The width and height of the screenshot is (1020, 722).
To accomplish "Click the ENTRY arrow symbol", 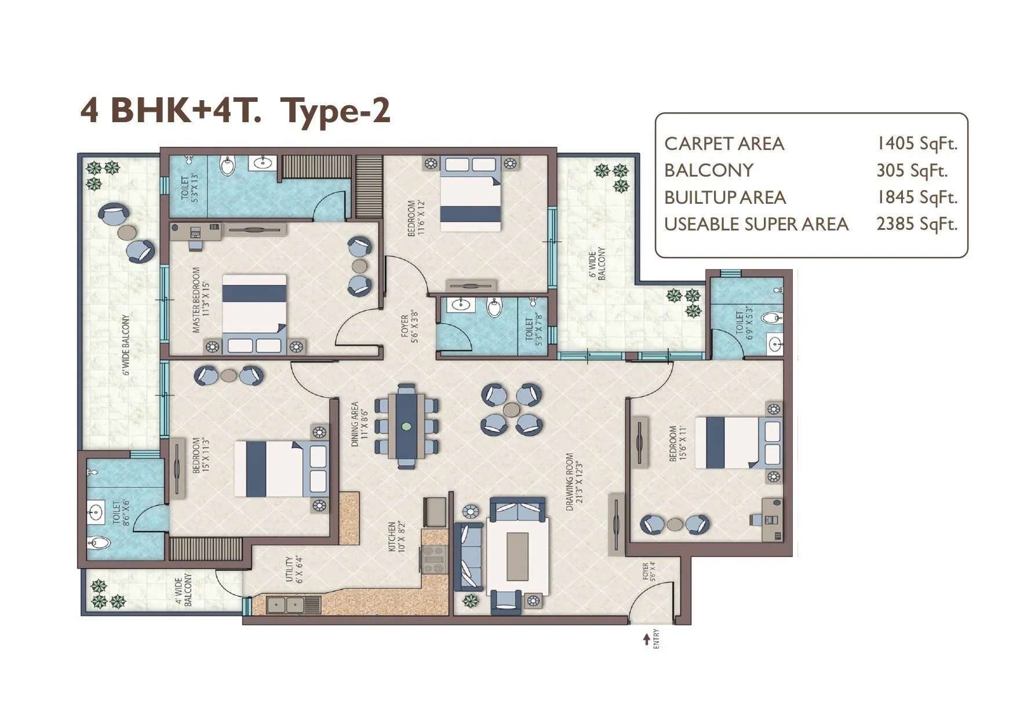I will [646, 639].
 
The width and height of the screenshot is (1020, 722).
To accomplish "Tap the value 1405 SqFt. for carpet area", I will [916, 143].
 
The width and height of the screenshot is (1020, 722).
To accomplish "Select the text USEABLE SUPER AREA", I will [756, 224].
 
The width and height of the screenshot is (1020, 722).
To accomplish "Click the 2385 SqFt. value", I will [916, 224].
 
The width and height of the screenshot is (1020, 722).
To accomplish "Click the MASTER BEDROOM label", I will [201, 299].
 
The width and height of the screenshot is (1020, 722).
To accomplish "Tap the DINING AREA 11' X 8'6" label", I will [359, 424].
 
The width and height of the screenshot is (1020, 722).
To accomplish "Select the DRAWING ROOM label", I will [573, 481].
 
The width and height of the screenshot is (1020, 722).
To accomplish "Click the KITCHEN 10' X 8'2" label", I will [396, 536].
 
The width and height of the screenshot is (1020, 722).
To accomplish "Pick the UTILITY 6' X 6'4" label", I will [294, 570].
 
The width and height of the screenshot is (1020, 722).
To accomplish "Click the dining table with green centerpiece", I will [406, 426].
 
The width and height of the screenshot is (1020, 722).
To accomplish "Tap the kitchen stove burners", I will [434, 560].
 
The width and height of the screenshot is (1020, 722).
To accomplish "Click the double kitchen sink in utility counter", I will [286, 605].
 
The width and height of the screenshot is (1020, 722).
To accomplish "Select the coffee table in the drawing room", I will [517, 557].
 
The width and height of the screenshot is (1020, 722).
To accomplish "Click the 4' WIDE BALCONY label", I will [183, 591].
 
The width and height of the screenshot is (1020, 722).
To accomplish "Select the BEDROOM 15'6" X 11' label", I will [677, 444].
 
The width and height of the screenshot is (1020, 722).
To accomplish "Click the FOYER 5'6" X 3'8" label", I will [409, 327].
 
